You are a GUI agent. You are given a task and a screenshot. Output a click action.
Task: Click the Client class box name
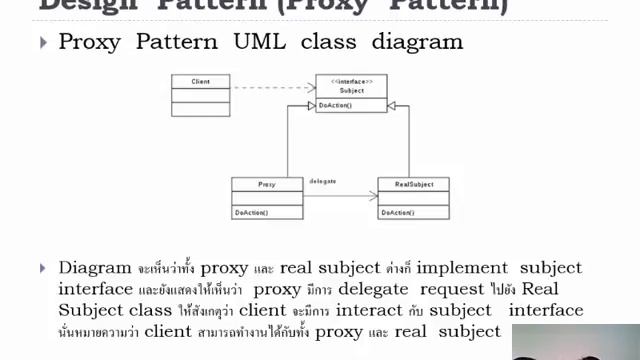(x=200, y=81)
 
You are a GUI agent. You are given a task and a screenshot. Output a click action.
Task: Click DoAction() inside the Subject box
(x=335, y=105)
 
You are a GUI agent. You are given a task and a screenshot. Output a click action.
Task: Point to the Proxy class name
(x=266, y=185)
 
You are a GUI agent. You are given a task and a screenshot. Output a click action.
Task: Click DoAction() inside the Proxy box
(x=250, y=212)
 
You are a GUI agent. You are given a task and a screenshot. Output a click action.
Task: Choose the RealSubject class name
(x=413, y=185)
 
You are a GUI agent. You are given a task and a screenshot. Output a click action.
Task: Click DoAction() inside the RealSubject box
(x=397, y=212)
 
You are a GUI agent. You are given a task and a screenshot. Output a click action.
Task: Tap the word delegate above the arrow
(x=322, y=180)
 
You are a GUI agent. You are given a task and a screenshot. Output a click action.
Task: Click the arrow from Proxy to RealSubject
(x=340, y=196)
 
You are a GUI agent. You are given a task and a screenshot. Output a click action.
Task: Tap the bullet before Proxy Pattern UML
(x=43, y=42)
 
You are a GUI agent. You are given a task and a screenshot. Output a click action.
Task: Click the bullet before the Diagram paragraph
(x=43, y=268)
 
